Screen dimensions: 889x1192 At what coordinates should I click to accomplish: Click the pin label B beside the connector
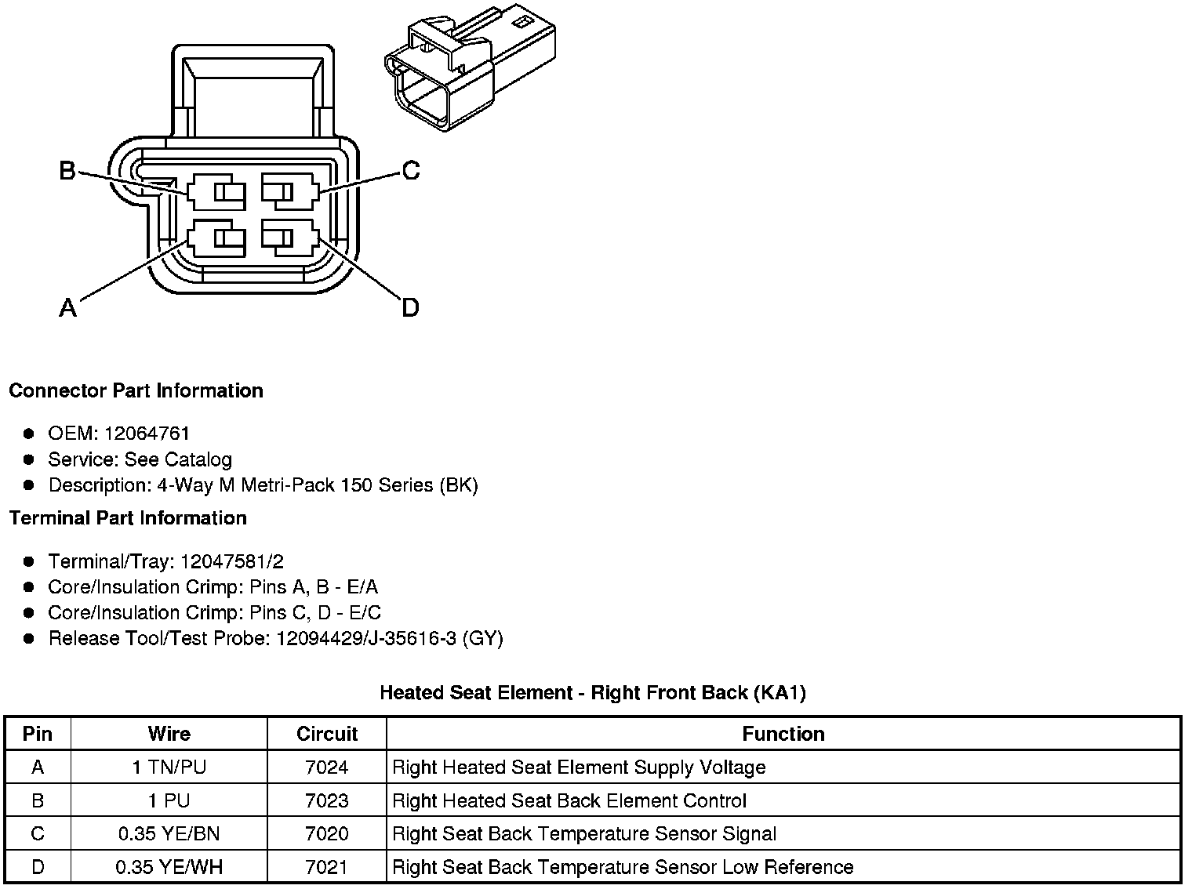click(67, 170)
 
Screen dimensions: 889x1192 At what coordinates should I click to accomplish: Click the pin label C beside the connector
click(410, 170)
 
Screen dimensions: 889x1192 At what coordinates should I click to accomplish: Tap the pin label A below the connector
click(68, 308)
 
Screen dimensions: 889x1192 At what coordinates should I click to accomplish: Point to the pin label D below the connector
click(410, 308)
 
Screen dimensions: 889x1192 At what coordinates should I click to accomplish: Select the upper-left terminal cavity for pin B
click(216, 192)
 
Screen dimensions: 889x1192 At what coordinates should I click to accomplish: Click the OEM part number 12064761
click(147, 434)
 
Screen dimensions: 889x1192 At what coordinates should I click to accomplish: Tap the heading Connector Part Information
click(136, 390)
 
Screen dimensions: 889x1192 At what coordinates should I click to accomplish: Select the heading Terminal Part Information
click(128, 518)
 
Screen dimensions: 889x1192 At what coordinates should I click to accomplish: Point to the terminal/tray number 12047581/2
click(232, 561)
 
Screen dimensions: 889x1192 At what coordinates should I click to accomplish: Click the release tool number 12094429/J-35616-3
click(366, 638)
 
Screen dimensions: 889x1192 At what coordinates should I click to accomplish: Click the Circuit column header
click(327, 734)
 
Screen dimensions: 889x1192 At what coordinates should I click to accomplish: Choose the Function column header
click(783, 734)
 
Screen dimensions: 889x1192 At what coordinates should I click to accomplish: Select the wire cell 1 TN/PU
click(169, 767)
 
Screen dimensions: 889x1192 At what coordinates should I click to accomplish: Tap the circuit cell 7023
click(327, 800)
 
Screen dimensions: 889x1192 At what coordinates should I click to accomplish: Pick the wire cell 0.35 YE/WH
click(169, 867)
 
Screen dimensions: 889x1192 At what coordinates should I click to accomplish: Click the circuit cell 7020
click(327, 834)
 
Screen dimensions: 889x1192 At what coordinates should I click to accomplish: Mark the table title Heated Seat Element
click(593, 692)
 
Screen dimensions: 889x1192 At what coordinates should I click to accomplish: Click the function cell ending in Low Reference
click(623, 867)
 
